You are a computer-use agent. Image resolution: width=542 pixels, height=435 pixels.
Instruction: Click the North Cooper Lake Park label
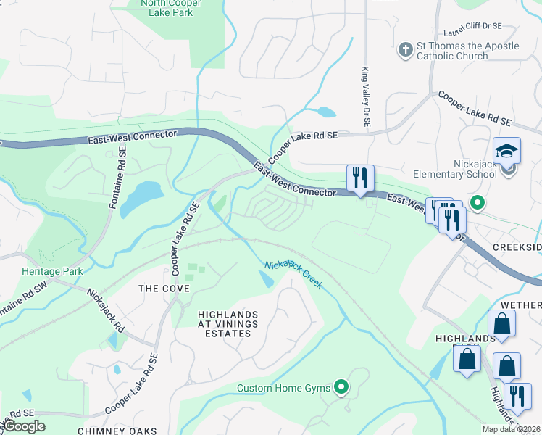(x=171, y=8)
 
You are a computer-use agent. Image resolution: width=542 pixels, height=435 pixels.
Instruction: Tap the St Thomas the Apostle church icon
(x=405, y=51)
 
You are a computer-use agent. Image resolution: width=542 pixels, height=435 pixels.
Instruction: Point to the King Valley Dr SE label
(x=366, y=99)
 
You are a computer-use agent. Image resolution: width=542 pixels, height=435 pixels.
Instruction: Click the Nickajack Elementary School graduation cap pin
(x=506, y=152)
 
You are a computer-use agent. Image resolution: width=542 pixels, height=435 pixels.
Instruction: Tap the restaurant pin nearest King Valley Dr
(x=360, y=177)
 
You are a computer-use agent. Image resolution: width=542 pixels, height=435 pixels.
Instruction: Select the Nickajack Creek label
(x=293, y=274)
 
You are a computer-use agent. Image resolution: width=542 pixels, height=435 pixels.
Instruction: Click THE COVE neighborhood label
(x=164, y=289)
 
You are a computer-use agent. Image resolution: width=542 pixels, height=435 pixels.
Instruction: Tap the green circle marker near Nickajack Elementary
(x=477, y=202)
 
